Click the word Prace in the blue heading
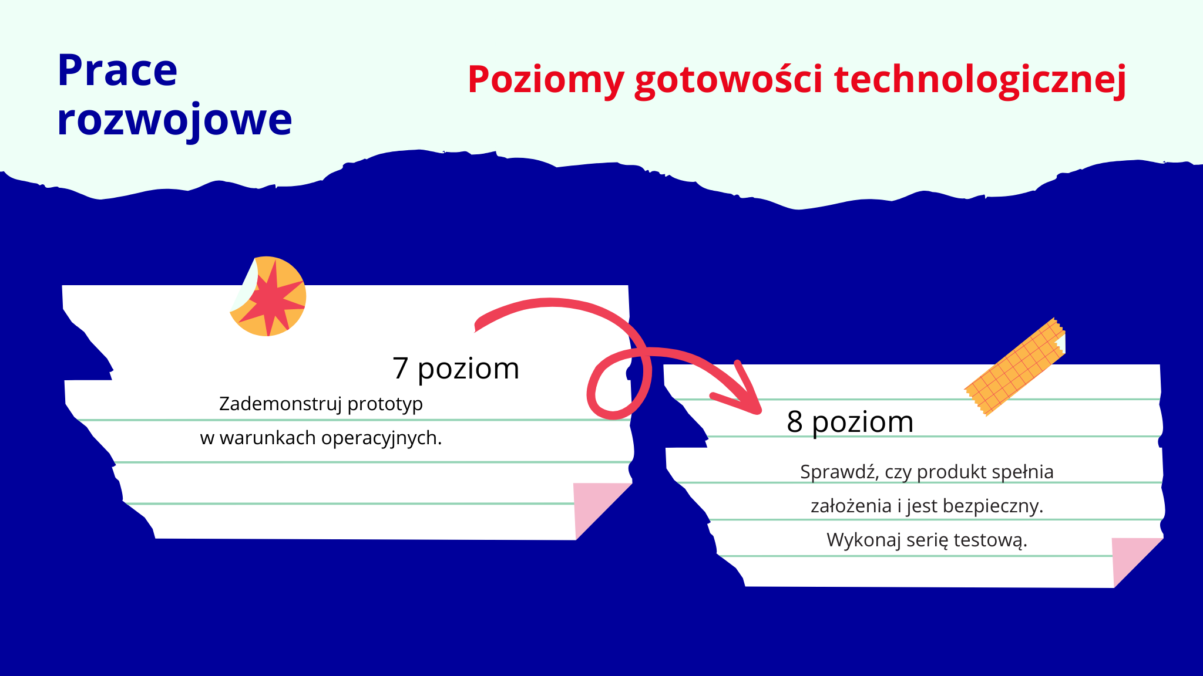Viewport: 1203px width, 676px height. point(117,70)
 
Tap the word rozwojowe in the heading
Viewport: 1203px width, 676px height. point(174,120)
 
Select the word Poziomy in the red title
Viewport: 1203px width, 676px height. point(545,80)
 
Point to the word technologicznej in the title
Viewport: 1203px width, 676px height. point(980,80)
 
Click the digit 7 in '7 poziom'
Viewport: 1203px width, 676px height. point(401,369)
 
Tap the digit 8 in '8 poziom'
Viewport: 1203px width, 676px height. point(795,422)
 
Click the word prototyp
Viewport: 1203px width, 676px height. point(385,404)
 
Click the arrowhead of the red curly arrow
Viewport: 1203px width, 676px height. point(746,399)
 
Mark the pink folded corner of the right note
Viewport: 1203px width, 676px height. point(1131,555)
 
